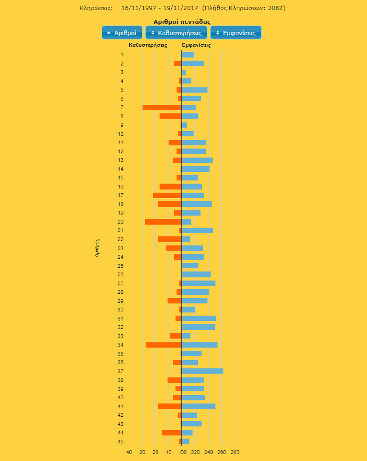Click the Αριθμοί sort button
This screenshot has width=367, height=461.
[122, 33]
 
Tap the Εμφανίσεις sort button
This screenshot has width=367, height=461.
[236, 33]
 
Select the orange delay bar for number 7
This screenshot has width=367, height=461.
[162, 108]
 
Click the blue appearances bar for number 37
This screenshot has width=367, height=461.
[203, 371]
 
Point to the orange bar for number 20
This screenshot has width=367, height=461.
[163, 221]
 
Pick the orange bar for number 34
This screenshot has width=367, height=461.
[164, 345]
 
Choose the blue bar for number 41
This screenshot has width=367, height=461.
[198, 406]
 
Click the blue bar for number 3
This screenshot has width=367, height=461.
[183, 72]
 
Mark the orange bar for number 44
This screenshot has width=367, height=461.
[172, 433]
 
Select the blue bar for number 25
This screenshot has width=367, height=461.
[190, 266]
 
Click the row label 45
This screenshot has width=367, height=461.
[121, 441]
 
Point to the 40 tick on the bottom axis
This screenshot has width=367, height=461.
[129, 452]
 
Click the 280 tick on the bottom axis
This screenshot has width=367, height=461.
[235, 452]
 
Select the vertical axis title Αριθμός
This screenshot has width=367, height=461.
[97, 248]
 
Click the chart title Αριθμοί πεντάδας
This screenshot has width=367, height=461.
[182, 22]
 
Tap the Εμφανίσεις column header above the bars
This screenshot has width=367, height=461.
[196, 45]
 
